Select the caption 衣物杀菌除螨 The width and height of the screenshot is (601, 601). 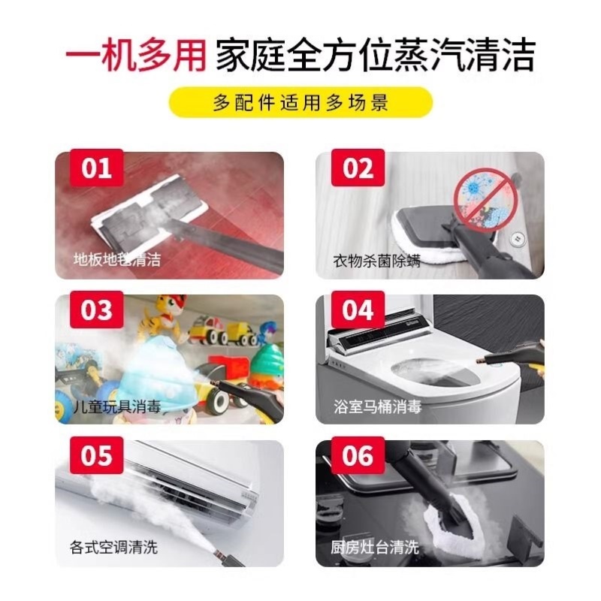pyautogui.click(x=377, y=261)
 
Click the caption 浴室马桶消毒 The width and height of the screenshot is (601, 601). pyautogui.click(x=377, y=406)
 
